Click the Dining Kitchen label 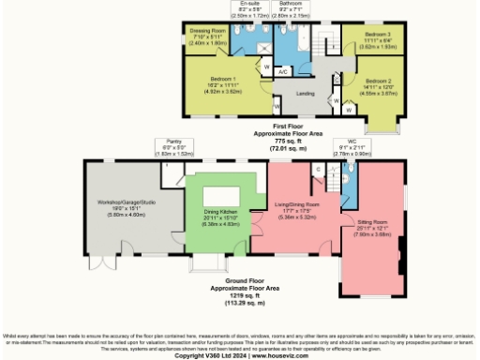221,211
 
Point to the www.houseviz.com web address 276,355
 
